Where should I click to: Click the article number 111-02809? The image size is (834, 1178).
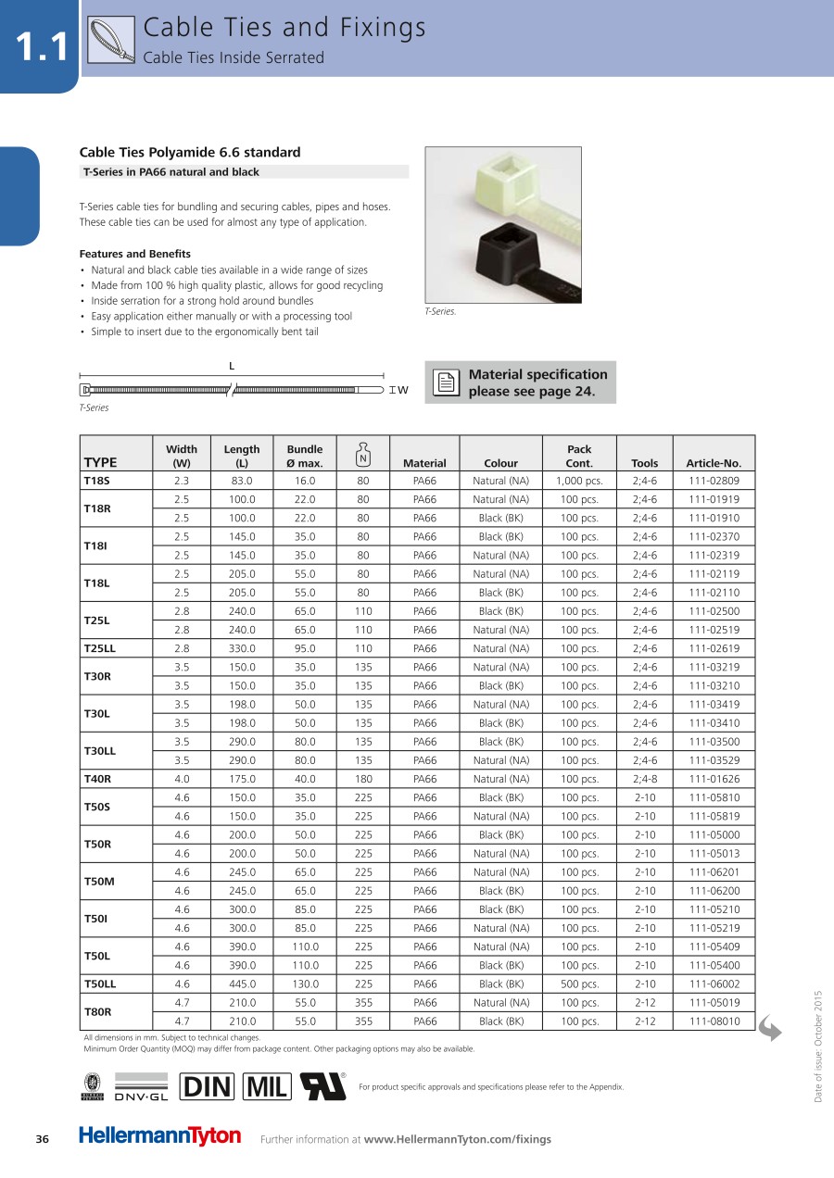pos(714,481)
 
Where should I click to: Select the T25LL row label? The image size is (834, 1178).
pos(99,648)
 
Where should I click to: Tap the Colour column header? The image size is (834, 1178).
pos(501,463)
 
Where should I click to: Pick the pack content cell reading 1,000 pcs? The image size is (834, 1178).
pos(579,481)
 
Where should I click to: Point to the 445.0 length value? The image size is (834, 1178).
pos(242,984)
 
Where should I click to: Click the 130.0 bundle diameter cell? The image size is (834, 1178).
pos(305,984)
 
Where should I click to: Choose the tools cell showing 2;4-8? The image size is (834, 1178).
pos(644,779)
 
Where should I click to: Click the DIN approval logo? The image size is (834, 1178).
pos(208,1086)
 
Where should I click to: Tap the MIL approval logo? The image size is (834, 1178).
pos(267,1086)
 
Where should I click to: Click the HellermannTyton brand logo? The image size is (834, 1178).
pos(159,1136)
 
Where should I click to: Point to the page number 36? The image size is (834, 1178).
pos(42,1139)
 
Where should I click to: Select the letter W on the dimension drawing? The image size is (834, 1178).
pos(403,390)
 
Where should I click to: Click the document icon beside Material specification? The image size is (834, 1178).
pos(447,382)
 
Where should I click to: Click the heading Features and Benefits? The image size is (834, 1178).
pos(135,254)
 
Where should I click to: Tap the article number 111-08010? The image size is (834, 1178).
pos(714,1021)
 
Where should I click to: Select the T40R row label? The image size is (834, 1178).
pos(97,779)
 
